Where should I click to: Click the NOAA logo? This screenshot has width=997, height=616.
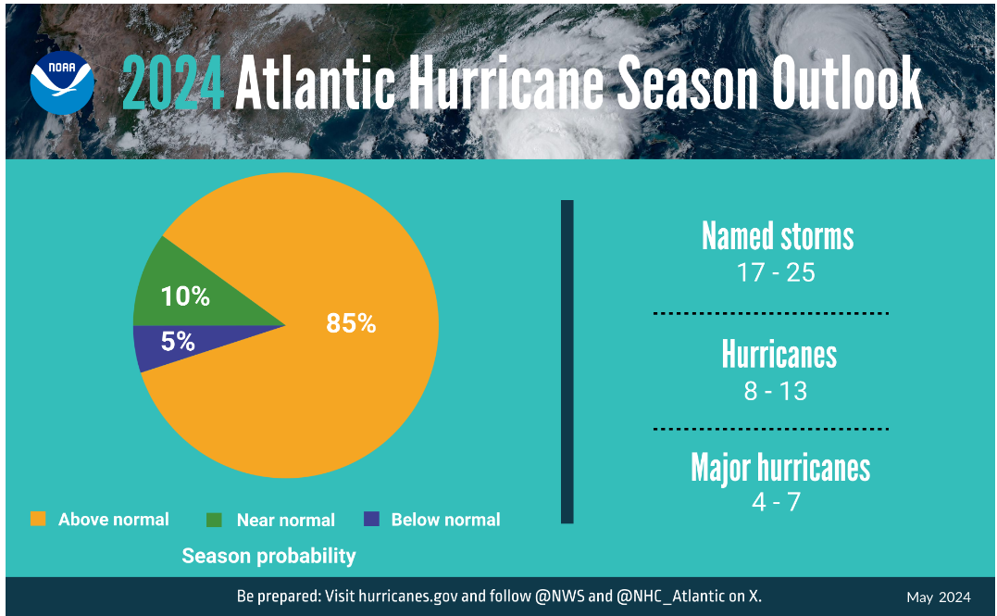62,82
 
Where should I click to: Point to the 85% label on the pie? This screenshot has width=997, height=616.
351,323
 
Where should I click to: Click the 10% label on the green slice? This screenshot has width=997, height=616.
185,296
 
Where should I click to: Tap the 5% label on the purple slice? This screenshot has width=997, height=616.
178,342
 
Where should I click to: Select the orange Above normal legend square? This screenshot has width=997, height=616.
38,519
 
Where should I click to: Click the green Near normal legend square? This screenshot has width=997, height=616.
214,520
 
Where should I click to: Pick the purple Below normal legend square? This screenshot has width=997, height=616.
371,520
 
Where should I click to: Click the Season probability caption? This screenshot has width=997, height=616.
268,556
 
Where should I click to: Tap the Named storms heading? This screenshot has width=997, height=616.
778,236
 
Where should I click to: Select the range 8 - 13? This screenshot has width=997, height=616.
776,391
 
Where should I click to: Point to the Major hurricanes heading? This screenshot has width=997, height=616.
780,468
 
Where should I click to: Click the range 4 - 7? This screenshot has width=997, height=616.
776,503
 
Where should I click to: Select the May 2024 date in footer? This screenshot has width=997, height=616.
938,597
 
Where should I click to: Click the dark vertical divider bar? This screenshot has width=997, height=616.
567,361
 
